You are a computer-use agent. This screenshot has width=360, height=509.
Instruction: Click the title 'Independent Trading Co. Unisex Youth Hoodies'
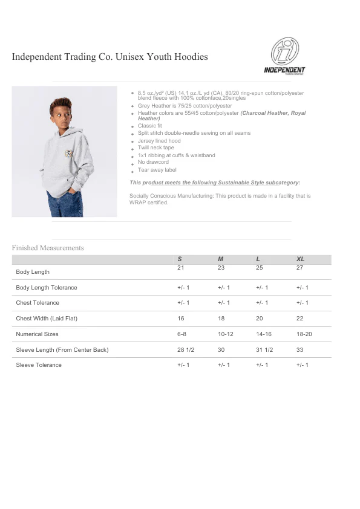[x=110, y=57]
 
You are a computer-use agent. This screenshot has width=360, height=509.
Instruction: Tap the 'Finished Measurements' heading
[x=48, y=248]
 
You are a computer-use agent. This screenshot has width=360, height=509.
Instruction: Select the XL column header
[x=301, y=259]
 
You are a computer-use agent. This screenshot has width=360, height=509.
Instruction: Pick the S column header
[x=180, y=259]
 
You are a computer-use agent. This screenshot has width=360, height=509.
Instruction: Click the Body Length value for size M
[x=221, y=267]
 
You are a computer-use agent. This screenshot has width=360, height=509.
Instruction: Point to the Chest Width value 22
[x=300, y=319]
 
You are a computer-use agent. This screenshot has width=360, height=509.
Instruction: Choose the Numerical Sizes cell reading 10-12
[x=225, y=334]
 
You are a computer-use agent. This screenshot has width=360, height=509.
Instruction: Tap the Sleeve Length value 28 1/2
[x=185, y=350]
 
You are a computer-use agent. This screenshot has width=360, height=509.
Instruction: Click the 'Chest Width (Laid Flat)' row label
[x=47, y=319]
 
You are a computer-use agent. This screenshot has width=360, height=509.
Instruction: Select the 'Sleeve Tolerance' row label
[x=39, y=365]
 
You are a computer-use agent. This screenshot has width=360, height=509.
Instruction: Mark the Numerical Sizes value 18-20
[x=304, y=334]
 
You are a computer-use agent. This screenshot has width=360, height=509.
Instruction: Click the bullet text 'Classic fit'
[x=150, y=126]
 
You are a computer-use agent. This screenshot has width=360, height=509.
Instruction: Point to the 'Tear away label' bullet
[x=157, y=170]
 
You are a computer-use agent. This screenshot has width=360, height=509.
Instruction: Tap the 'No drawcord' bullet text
[x=153, y=163]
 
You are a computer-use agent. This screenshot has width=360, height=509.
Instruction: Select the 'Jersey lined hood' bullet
[x=159, y=141]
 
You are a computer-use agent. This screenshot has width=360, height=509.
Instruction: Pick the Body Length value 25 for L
[x=260, y=267]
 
